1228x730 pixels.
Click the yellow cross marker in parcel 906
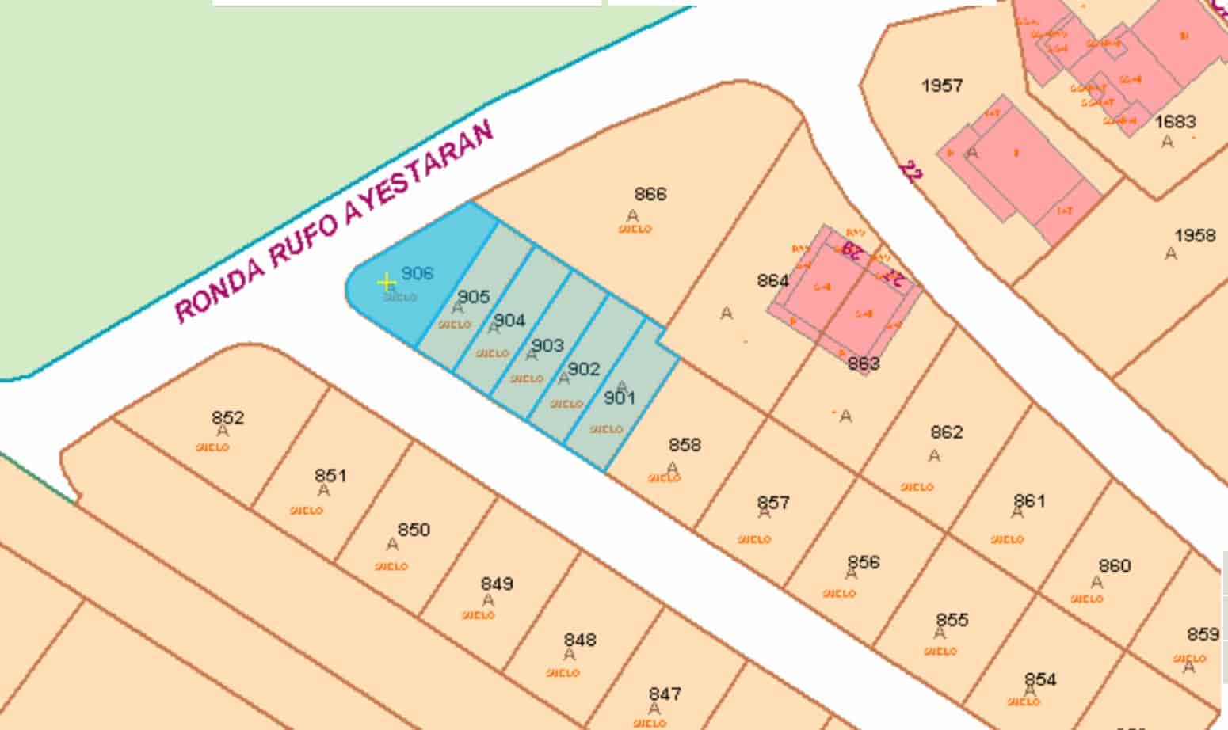point(387,283)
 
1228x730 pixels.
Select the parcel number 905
point(474,297)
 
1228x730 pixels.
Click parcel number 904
point(509,321)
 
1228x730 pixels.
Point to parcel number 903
point(547,345)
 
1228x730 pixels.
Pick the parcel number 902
point(584,369)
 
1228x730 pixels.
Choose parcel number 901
point(620,397)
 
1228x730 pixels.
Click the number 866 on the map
point(650,194)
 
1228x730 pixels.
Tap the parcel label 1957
point(942,86)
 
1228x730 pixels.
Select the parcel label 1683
point(1175,122)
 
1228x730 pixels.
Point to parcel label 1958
point(1195,236)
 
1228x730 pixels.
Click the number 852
point(228,417)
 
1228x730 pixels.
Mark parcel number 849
point(497,584)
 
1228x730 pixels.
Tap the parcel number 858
point(685,445)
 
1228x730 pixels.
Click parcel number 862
point(947,432)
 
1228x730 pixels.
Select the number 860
point(1115,566)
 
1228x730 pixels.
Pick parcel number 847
point(665,694)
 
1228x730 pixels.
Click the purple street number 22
point(910,171)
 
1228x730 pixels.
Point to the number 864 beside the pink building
point(772,281)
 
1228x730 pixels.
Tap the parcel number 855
point(952,620)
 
